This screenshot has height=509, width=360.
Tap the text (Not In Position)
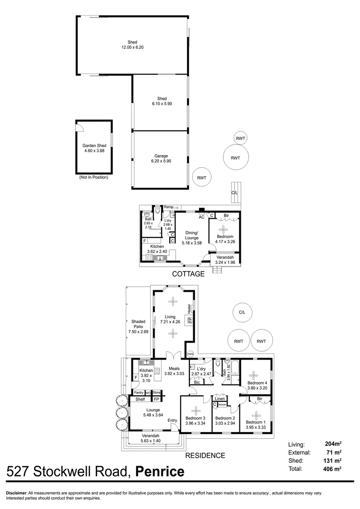[93, 177]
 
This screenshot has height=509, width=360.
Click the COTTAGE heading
[188, 274]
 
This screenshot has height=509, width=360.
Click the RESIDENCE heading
[205, 455]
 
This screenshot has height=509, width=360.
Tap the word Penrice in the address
[160, 471]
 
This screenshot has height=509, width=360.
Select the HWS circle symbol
[190, 354]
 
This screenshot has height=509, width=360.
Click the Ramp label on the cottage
[168, 207]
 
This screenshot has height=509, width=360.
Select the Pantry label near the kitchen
[139, 393]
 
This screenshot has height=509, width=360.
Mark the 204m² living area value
[333, 444]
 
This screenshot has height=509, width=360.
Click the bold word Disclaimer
[16, 493]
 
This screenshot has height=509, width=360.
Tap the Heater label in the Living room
[189, 309]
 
